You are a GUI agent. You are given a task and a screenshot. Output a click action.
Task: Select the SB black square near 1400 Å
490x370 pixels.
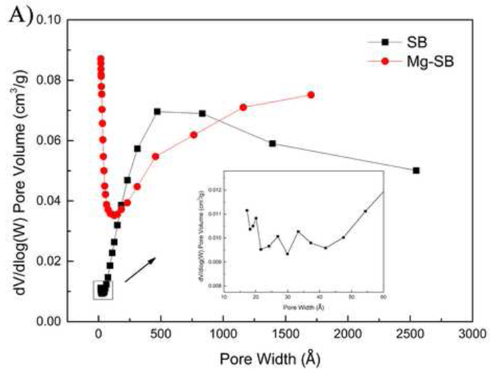(273, 143)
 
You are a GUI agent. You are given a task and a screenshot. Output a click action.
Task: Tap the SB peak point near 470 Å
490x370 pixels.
(157, 111)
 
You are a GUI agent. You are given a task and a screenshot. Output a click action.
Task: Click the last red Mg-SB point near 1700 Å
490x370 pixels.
(311, 95)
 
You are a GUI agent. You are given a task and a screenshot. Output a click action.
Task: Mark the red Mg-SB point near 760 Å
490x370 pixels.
(194, 134)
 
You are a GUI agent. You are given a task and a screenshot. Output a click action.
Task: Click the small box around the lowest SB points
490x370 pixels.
(103, 290)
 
